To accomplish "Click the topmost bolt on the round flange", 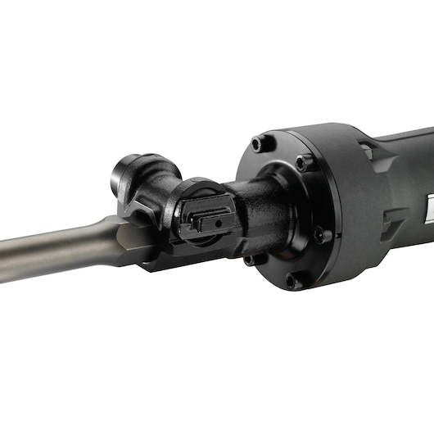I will point(258,144).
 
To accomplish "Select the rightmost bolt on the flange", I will point(327,236).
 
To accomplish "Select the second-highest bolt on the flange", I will point(304,163).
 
